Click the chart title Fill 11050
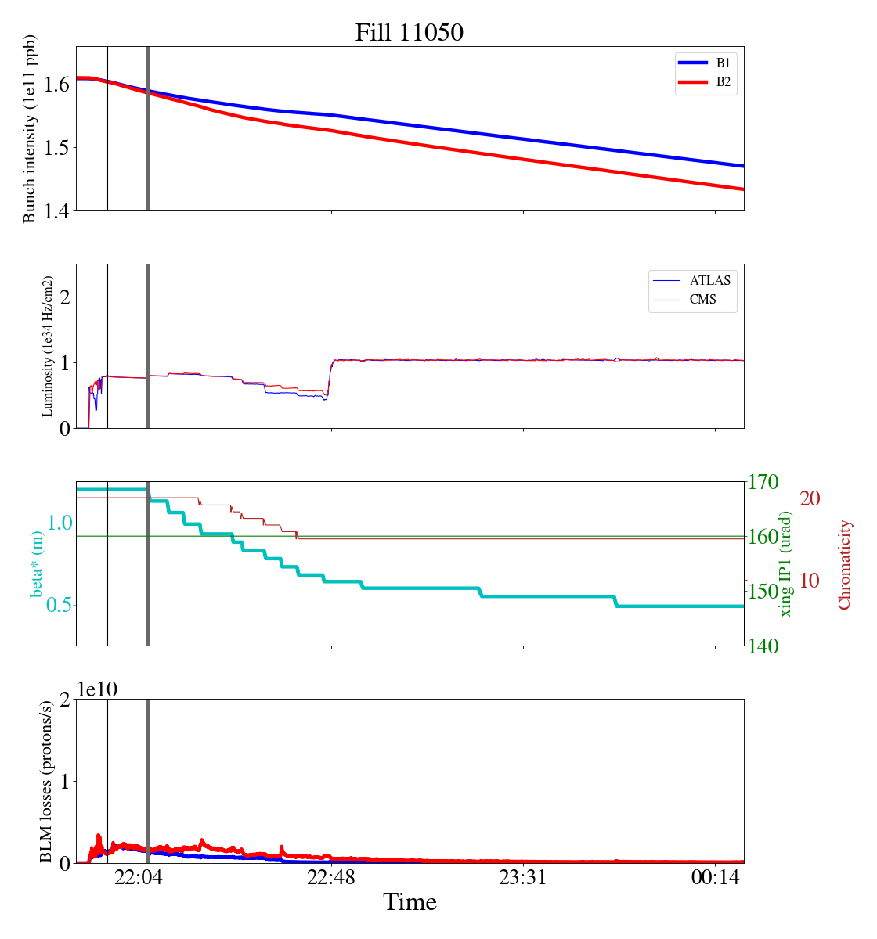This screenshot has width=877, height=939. [x=410, y=33]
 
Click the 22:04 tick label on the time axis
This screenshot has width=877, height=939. [x=139, y=879]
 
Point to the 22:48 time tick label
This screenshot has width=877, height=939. [x=331, y=879]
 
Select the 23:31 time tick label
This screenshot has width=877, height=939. [x=523, y=879]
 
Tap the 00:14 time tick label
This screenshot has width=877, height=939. [x=715, y=879]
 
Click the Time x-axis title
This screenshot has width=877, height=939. [x=410, y=903]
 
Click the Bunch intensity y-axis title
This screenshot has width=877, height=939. [x=30, y=129]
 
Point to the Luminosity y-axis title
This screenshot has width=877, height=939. [x=47, y=346]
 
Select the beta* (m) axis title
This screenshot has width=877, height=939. [x=37, y=563]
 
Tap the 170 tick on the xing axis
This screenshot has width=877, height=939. [x=764, y=482]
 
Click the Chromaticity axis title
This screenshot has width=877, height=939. [x=844, y=564]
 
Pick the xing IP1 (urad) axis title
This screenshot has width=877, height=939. [x=786, y=563]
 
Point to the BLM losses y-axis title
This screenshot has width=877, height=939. [x=47, y=781]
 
